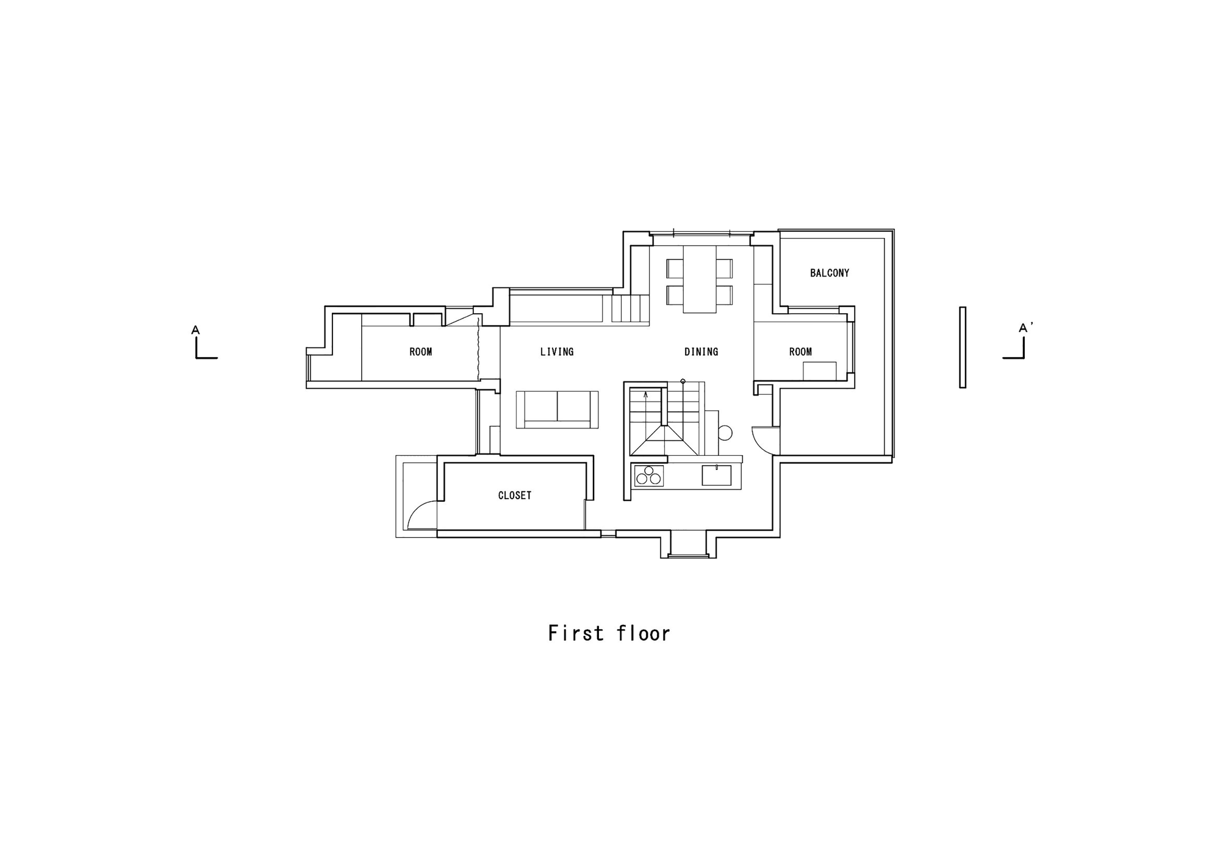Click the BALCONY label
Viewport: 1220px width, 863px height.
pos(829,273)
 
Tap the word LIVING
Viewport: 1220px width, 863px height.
pos(557,352)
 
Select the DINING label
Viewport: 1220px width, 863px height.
pos(701,352)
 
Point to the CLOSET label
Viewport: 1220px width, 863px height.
pos(515,496)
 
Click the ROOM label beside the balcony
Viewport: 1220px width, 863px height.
pos(800,352)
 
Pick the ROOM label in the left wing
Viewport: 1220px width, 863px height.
pos(420,352)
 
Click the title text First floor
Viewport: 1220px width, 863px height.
pos(609,633)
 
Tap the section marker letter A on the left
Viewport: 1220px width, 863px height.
pos(195,330)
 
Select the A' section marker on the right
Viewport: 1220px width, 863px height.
pos(1025,328)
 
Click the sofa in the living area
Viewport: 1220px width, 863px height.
pos(557,410)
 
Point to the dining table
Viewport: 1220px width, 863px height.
pos(700,279)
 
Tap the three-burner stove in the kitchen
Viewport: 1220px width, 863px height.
pos(649,475)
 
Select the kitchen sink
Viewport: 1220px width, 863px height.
pos(716,475)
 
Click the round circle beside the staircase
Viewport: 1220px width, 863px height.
pos(725,433)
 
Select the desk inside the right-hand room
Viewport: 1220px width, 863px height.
pos(819,370)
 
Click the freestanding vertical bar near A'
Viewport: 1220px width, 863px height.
pos(963,347)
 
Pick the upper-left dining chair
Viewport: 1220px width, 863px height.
pos(675,269)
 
